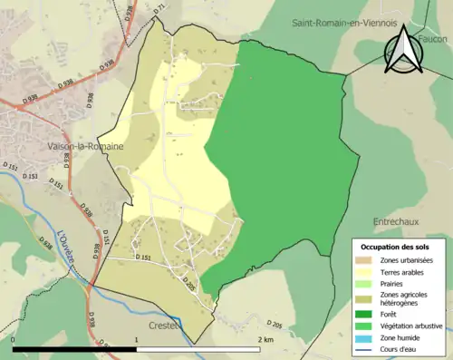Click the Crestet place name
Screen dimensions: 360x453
click(164, 324)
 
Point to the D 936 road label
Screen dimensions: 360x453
click(90, 99)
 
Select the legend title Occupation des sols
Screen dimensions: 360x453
click(395, 247)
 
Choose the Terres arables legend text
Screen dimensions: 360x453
click(401, 271)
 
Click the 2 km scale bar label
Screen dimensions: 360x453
click(266, 339)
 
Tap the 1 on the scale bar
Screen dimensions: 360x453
click(137, 339)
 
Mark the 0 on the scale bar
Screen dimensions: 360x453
click(13, 339)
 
